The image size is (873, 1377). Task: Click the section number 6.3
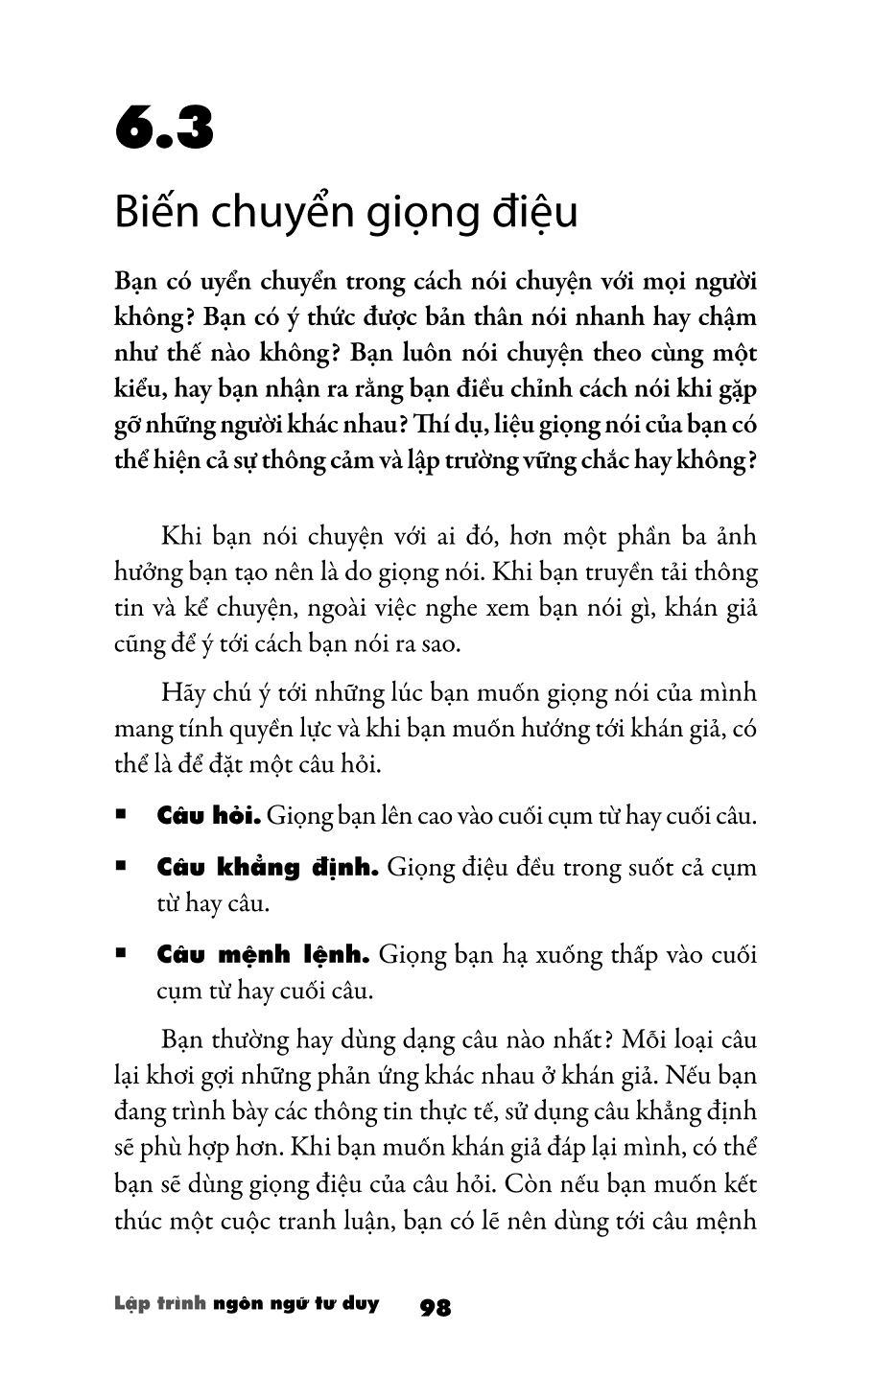pos(164,129)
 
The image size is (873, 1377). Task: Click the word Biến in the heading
pos(154,213)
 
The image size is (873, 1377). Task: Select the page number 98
pos(436,1307)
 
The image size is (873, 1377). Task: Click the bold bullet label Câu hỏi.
pos(208,816)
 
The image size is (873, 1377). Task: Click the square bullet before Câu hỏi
pos(121,816)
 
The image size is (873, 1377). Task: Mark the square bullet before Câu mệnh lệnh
pos(121,955)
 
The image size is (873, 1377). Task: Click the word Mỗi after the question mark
pos(646,1039)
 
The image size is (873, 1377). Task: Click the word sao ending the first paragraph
pos(440,643)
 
